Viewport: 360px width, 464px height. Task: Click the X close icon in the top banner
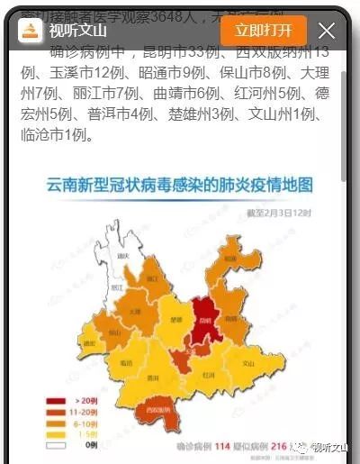[327, 31]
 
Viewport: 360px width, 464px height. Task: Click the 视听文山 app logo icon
[31, 32]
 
